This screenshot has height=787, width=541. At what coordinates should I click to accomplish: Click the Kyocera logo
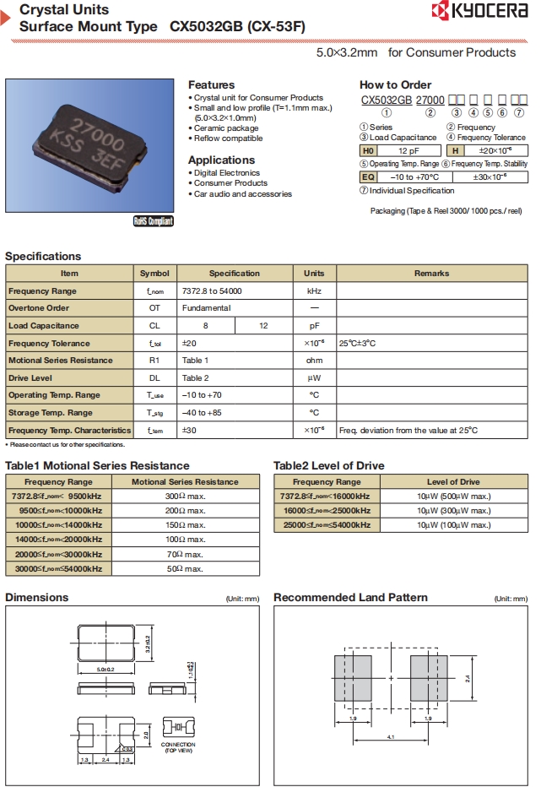coord(479,11)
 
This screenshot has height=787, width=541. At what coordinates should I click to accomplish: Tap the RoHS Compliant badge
coord(153,221)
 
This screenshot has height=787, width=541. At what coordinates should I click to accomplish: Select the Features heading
coord(211,85)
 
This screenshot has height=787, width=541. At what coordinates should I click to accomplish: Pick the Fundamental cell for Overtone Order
coord(206,308)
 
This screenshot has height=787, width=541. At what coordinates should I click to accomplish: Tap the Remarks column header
coord(431,274)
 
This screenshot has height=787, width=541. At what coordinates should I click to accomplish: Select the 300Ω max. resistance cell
coord(185,497)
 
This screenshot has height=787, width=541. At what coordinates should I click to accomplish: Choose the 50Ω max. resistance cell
coord(185,568)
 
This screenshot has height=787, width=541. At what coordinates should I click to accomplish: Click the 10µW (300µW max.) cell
coord(453,511)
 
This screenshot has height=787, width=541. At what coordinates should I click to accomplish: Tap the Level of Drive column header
coord(453,482)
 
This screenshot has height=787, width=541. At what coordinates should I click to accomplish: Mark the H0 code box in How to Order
coord(367,149)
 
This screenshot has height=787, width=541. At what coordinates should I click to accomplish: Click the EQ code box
coord(368,177)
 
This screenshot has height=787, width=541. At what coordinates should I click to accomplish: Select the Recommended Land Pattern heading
coord(350,598)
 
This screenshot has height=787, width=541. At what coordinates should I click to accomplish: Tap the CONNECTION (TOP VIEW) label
coord(178,746)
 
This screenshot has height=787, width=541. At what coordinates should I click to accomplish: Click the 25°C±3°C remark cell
coord(357,344)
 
